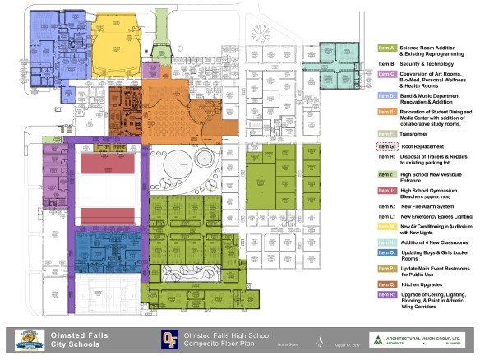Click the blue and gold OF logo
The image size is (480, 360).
tap(168, 338)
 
